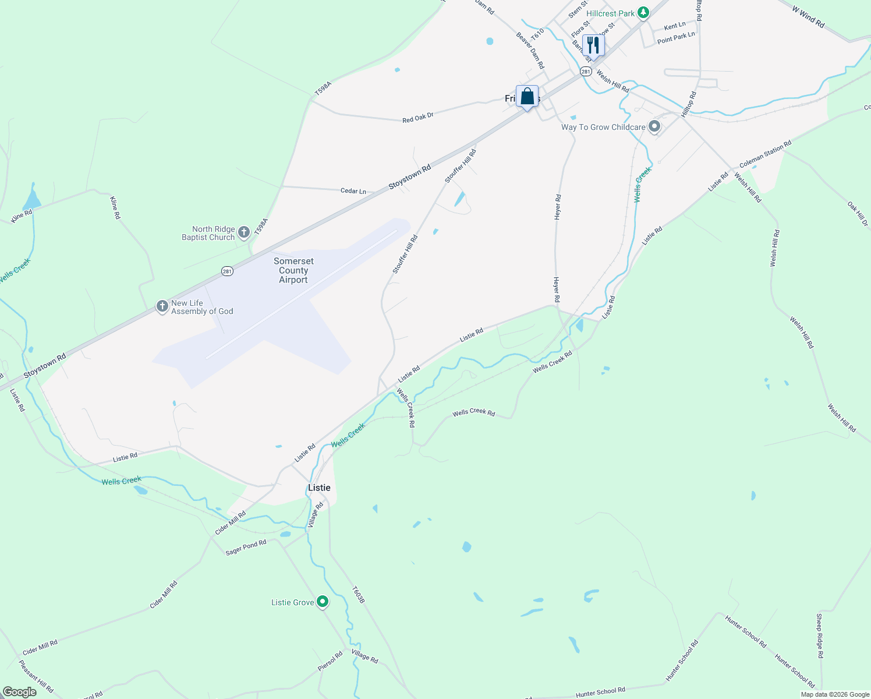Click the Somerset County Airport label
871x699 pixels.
293,271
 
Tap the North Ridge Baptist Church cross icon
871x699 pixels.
244,232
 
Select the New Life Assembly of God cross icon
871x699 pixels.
162,306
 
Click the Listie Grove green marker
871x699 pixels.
323,602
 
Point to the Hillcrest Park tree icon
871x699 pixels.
643,13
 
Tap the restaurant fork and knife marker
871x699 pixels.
593,45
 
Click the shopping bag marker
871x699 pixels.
527,97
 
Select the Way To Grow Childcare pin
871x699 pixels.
654,126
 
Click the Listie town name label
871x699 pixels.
319,488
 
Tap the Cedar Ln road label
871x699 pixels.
353,191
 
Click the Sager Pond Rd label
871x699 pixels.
246,547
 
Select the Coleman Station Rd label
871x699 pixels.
765,154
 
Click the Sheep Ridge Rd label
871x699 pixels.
819,636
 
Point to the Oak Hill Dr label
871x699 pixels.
857,214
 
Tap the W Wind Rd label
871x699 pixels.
808,17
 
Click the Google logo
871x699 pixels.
19,692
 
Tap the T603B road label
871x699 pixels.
358,594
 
